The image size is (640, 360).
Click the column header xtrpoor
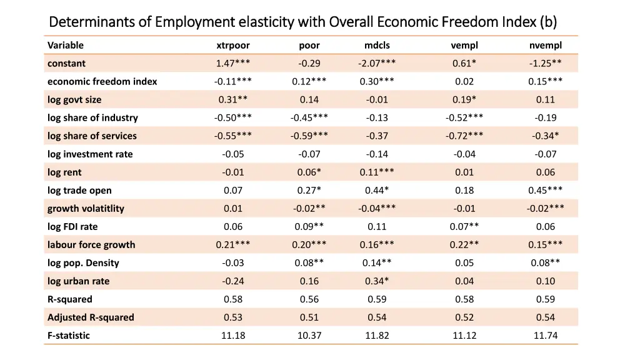coord(232,45)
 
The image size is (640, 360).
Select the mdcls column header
coord(377,45)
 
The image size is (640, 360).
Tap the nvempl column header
coord(545,45)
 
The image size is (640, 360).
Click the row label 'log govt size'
coord(74,99)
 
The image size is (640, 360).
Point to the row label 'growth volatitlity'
coord(86,208)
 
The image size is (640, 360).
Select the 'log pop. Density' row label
coord(83,262)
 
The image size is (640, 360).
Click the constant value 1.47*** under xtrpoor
coord(232,63)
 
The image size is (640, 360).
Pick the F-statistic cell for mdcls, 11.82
coord(377,335)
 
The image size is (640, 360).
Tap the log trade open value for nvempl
coord(545,190)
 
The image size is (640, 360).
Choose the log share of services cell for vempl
coord(464,136)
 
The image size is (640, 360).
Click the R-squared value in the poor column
coord(309,299)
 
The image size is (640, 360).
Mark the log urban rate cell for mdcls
coord(377,281)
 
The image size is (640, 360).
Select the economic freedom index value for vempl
coord(464,81)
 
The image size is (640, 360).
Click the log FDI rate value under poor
coord(309,226)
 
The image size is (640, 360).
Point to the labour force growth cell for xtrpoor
coord(232,244)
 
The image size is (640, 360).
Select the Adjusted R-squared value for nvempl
coord(545,317)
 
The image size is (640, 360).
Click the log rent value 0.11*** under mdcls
coord(377,172)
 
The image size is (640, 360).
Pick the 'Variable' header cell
coord(66,45)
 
